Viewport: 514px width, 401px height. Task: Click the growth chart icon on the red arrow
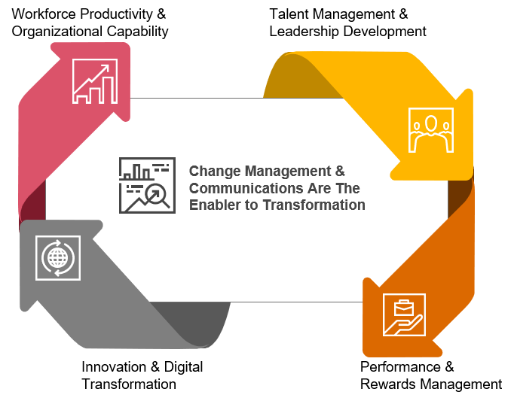click(95, 81)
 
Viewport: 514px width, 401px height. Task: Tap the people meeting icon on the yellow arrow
click(430, 130)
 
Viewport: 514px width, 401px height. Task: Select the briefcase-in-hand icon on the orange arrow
click(404, 314)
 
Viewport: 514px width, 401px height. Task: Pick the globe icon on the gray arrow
click(58, 258)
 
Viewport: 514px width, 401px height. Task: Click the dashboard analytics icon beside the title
click(147, 185)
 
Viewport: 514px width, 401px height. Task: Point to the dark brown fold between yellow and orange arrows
click(460, 196)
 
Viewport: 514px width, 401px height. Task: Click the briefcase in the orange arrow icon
click(402, 305)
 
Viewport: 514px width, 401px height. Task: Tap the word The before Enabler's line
click(347, 188)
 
